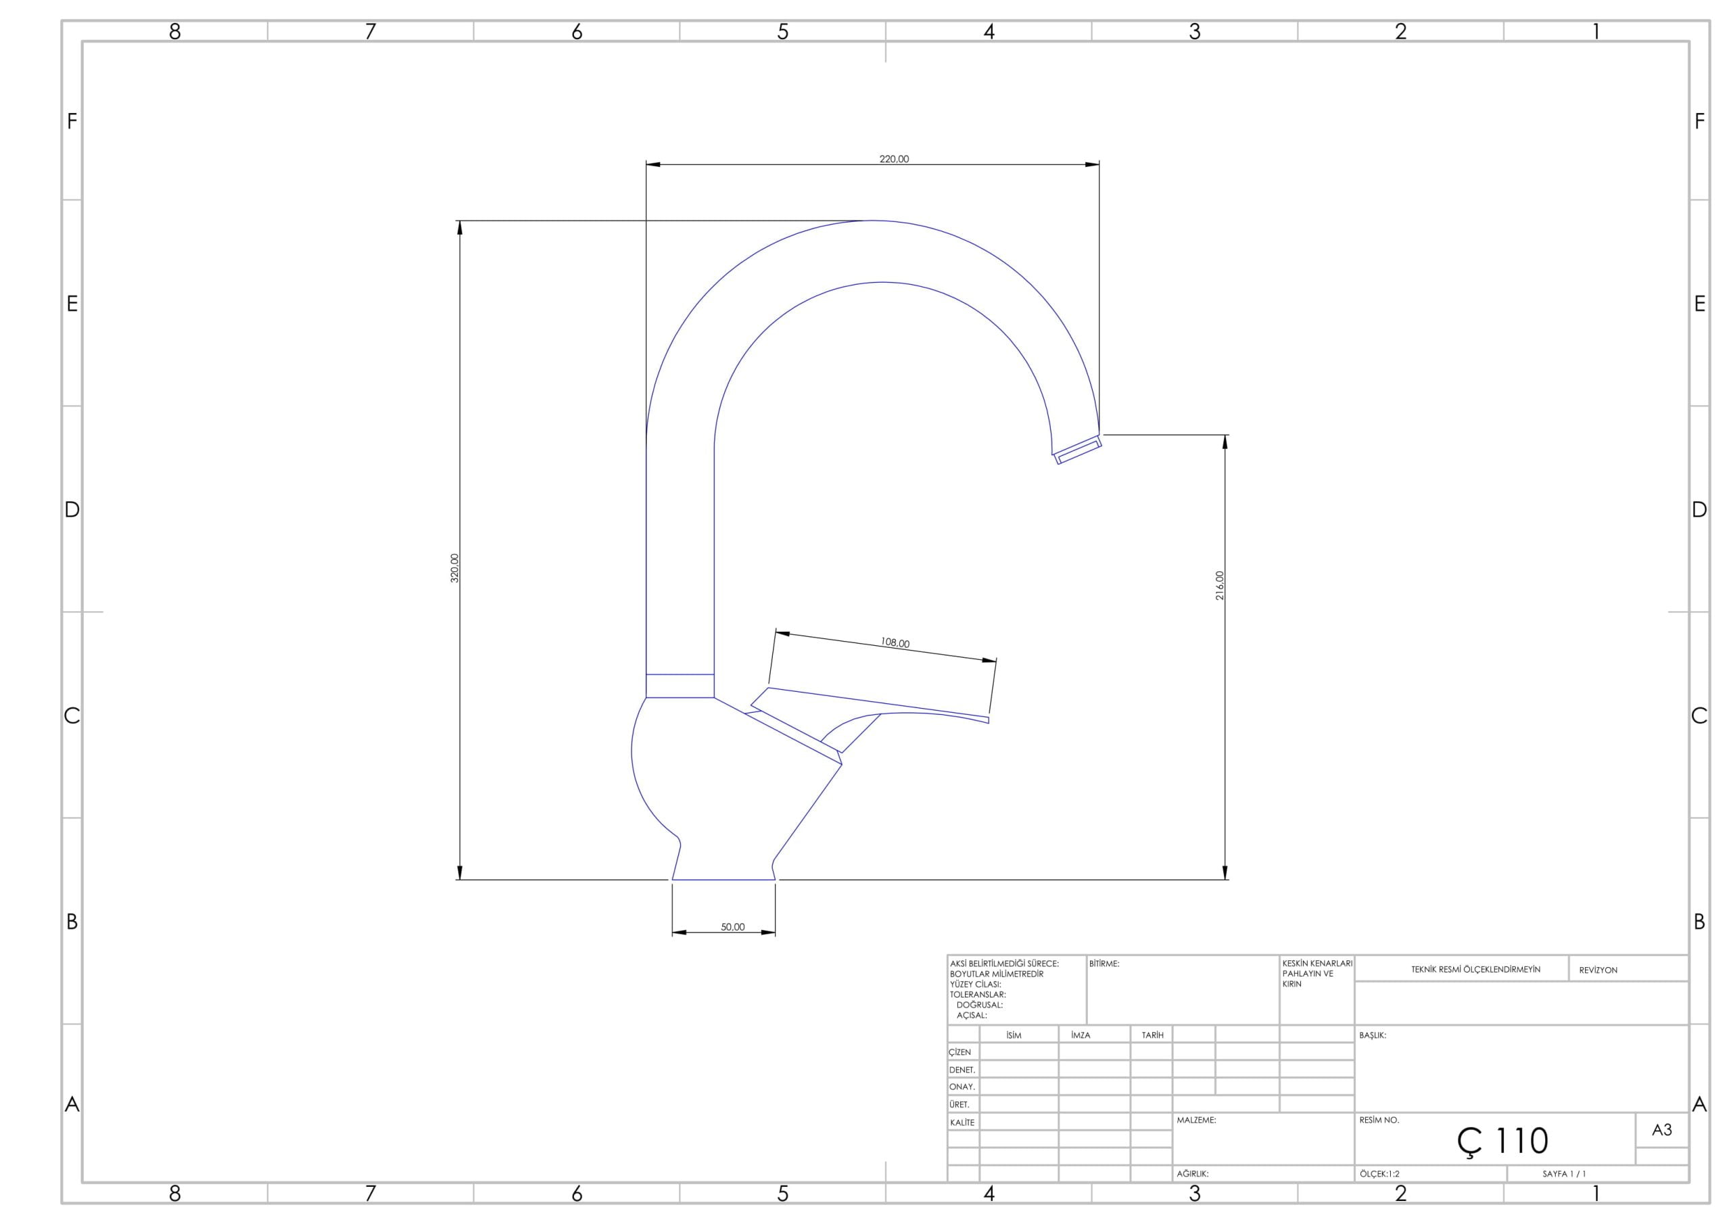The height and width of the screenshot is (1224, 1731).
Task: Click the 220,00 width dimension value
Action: (894, 159)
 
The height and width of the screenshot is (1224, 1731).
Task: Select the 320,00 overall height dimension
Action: (454, 568)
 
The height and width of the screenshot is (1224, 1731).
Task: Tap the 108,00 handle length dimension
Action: (895, 642)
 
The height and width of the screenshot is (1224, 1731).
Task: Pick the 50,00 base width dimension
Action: (733, 927)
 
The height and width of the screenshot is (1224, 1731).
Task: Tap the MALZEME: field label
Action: (1196, 1121)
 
